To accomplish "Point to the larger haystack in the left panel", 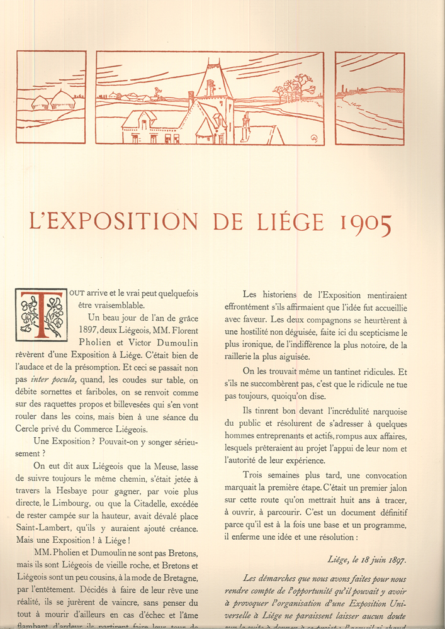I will (63, 99).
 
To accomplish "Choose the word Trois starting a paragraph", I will (254, 476).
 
